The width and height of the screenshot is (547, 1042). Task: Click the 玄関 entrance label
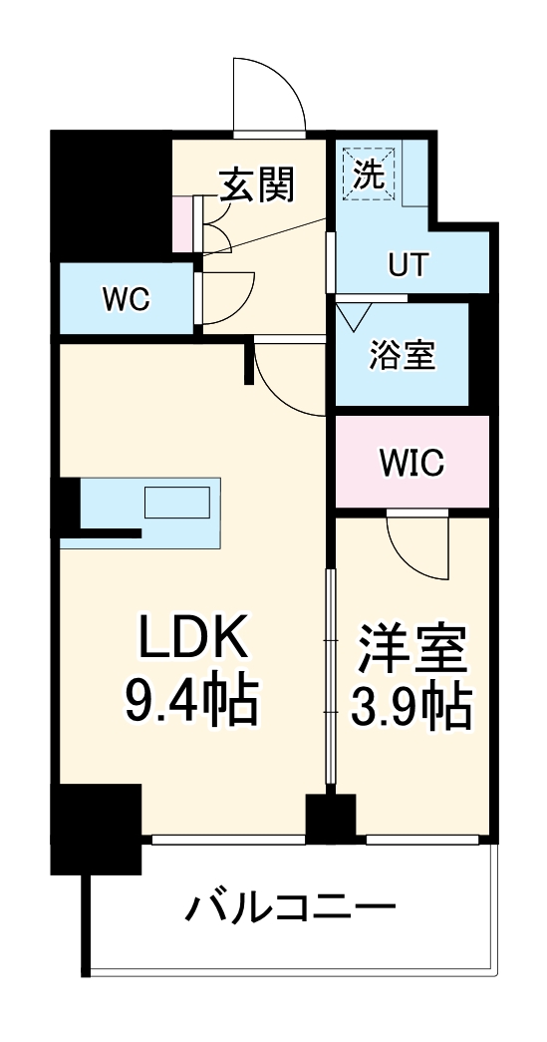click(258, 185)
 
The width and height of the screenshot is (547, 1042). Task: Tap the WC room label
click(126, 297)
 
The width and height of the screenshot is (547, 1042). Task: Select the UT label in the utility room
click(408, 265)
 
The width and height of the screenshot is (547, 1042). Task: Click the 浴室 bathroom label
click(402, 356)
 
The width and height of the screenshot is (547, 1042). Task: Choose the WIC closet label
click(411, 462)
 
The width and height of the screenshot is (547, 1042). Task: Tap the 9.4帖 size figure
click(190, 703)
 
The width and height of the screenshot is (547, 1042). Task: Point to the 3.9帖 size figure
click(411, 707)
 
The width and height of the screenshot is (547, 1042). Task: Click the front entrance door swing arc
click(268, 95)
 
